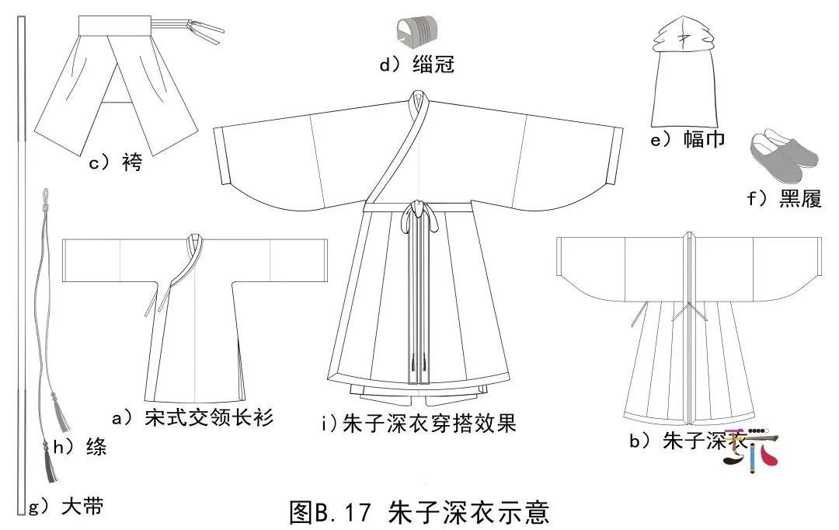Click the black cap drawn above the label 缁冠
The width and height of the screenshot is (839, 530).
point(413,30)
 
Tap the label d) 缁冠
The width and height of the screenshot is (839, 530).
point(417,65)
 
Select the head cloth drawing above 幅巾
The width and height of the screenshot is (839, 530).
point(684,71)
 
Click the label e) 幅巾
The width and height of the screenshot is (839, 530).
point(688,139)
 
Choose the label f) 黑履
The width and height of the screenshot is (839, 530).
point(784,199)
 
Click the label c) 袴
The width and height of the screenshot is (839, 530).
point(116,162)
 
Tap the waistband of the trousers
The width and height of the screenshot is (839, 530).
point(115,25)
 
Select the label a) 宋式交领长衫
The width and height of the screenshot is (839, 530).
point(193,417)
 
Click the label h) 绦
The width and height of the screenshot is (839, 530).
point(80,446)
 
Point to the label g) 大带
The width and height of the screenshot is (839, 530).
point(66,506)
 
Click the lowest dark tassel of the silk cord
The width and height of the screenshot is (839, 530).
point(50,465)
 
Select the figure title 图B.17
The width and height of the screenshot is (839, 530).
point(330,512)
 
